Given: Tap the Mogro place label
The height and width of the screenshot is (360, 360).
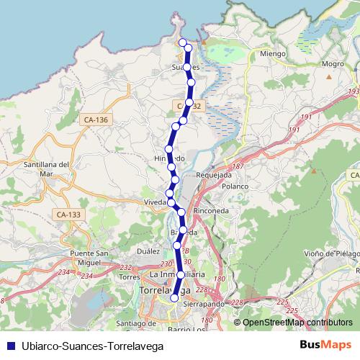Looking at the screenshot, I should click(x=333, y=64).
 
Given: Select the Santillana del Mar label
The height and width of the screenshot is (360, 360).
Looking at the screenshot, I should click(x=46, y=169).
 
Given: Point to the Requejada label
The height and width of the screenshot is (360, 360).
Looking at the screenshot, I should click(x=213, y=174).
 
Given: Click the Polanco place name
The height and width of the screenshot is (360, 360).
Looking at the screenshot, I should click(x=235, y=186).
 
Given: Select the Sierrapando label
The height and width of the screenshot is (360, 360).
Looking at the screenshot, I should click(x=204, y=305).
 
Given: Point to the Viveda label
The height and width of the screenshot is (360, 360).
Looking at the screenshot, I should click(x=156, y=202).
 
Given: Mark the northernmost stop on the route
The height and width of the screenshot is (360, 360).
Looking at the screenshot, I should click(x=182, y=42).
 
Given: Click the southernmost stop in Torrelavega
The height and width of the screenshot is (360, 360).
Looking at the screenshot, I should click(x=174, y=297).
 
